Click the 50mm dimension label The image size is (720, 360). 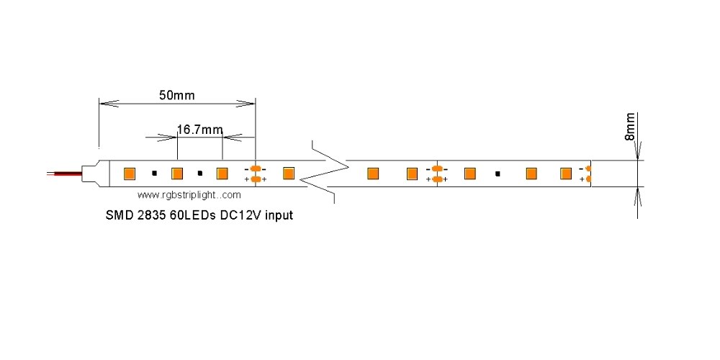(x=177, y=94)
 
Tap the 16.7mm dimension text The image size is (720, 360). (x=199, y=130)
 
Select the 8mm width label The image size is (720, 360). (x=630, y=126)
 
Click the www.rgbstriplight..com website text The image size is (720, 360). (x=189, y=194)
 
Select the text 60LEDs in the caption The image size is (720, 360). (x=192, y=215)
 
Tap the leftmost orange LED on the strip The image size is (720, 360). (x=130, y=173)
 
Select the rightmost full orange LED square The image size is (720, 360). (x=566, y=173)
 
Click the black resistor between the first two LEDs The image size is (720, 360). (x=154, y=173)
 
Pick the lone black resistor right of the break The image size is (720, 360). (x=498, y=173)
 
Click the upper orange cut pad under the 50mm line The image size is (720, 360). (x=255, y=168)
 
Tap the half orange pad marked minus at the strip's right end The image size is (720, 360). (x=588, y=168)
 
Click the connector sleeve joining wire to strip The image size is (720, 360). (x=91, y=174)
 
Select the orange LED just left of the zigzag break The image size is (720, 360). (x=289, y=173)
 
